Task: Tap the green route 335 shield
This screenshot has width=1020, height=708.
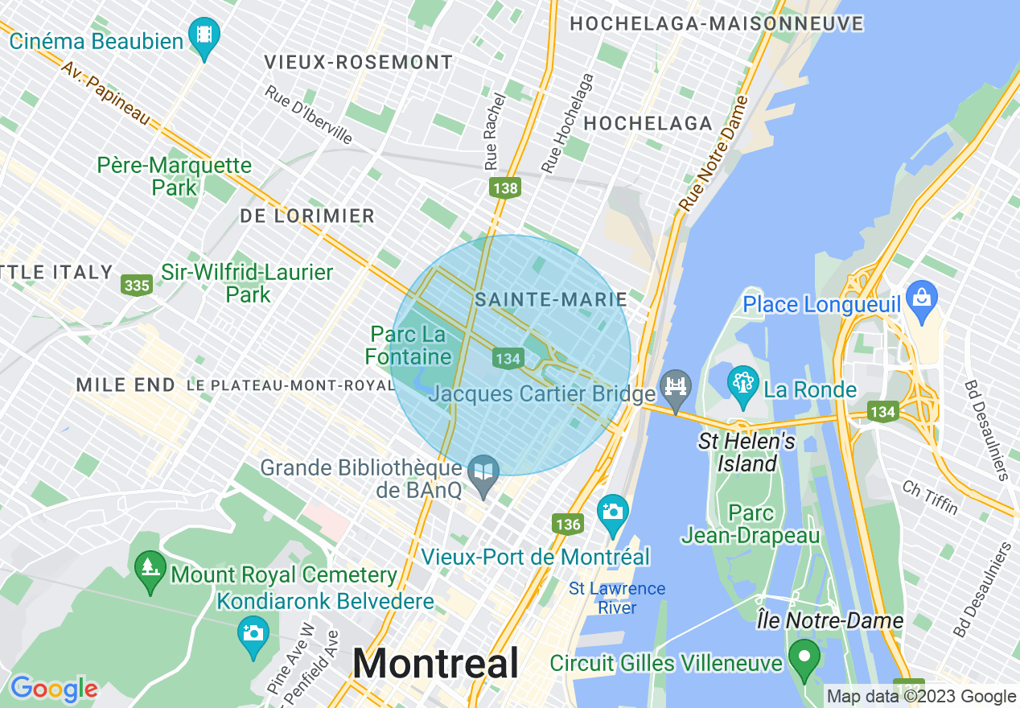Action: click(x=138, y=285)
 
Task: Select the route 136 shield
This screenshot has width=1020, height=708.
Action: click(x=567, y=525)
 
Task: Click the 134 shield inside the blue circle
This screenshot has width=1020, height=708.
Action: click(x=508, y=359)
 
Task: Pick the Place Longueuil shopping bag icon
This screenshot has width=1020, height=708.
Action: click(x=920, y=298)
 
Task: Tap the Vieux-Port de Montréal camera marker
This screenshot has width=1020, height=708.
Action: click(x=613, y=512)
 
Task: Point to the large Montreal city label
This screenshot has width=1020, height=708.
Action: click(x=436, y=665)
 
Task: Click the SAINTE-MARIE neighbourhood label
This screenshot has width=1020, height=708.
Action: click(x=551, y=300)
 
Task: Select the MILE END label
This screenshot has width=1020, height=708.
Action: click(x=125, y=385)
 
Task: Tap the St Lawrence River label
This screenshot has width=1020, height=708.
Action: click(x=617, y=598)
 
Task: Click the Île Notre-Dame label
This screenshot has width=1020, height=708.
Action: click(x=830, y=621)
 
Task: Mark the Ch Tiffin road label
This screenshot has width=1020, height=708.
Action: click(x=929, y=498)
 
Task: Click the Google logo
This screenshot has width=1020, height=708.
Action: click(x=53, y=689)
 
